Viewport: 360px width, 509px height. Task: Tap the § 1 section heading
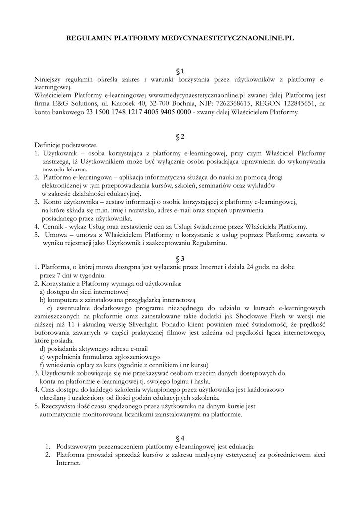(180, 71)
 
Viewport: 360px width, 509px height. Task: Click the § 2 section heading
(180, 136)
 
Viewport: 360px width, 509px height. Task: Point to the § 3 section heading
(180, 259)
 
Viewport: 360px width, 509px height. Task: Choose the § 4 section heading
(180, 438)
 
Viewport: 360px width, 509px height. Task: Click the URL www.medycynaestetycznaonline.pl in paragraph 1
(198, 95)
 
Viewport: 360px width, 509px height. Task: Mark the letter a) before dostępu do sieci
(42, 292)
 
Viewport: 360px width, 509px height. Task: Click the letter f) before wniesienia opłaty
(42, 365)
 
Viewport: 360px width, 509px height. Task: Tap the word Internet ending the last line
(68, 463)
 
